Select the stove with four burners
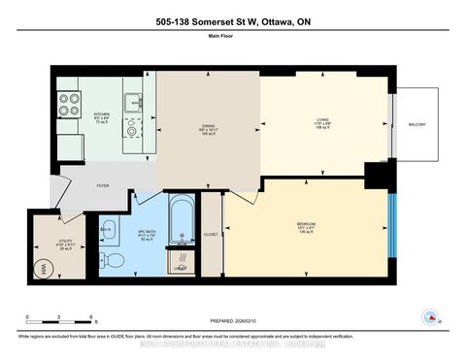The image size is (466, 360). (70, 104)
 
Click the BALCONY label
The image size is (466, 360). (417, 124)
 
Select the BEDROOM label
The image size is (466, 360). (306, 227)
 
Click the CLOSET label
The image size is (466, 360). (211, 233)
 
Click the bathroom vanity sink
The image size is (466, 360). (108, 229)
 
